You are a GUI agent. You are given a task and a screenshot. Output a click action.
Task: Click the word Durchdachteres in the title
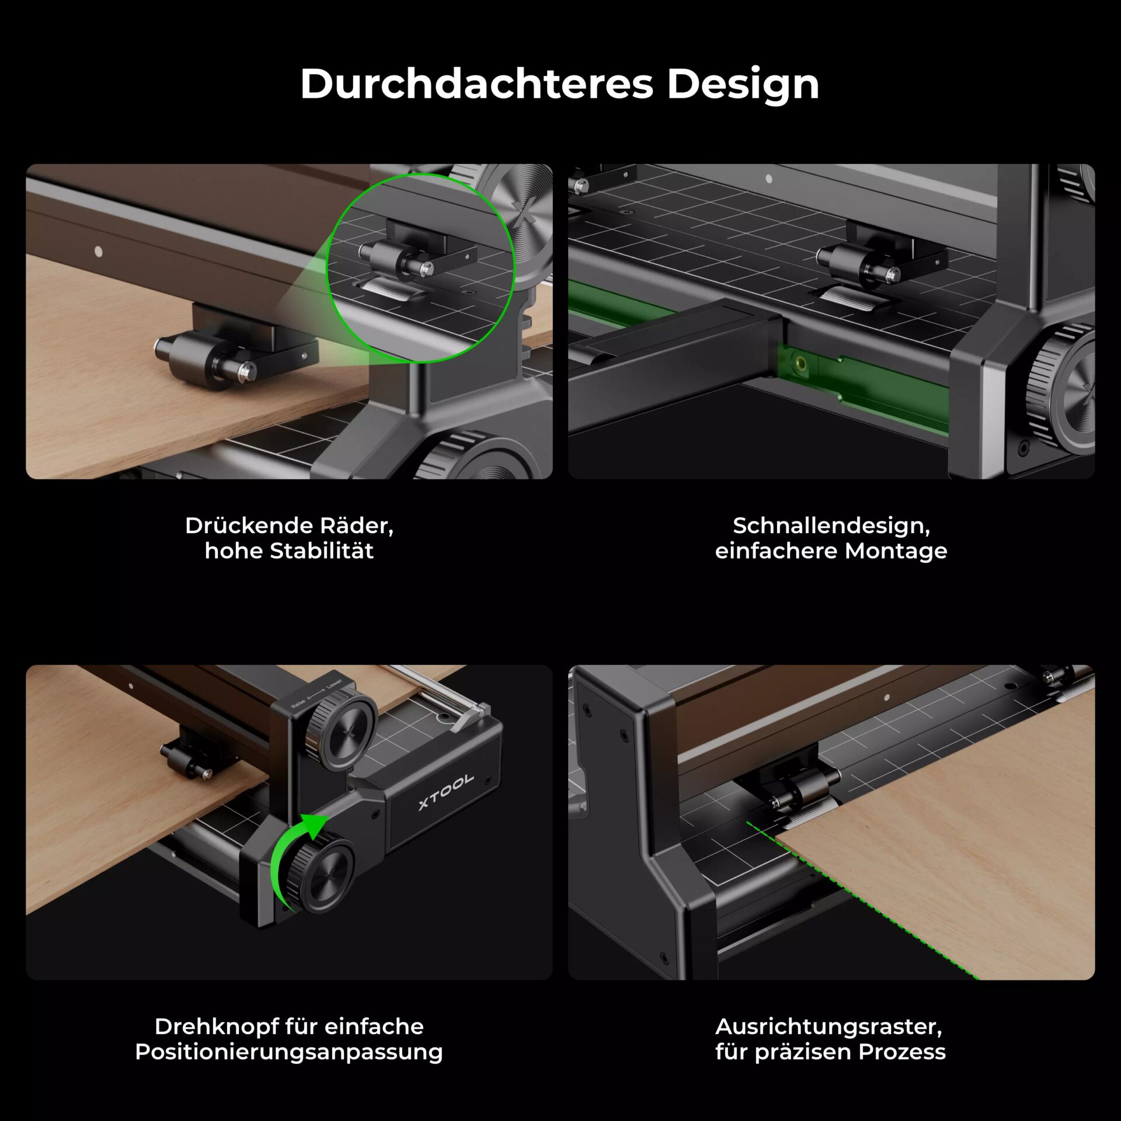coord(476,84)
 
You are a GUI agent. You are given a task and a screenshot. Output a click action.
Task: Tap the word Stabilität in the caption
coord(322,551)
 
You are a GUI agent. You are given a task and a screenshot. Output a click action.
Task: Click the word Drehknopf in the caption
coord(216,1026)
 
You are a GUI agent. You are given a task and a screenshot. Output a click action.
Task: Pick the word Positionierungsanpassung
coord(288,1052)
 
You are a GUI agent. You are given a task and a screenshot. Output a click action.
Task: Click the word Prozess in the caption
coord(902,1052)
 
